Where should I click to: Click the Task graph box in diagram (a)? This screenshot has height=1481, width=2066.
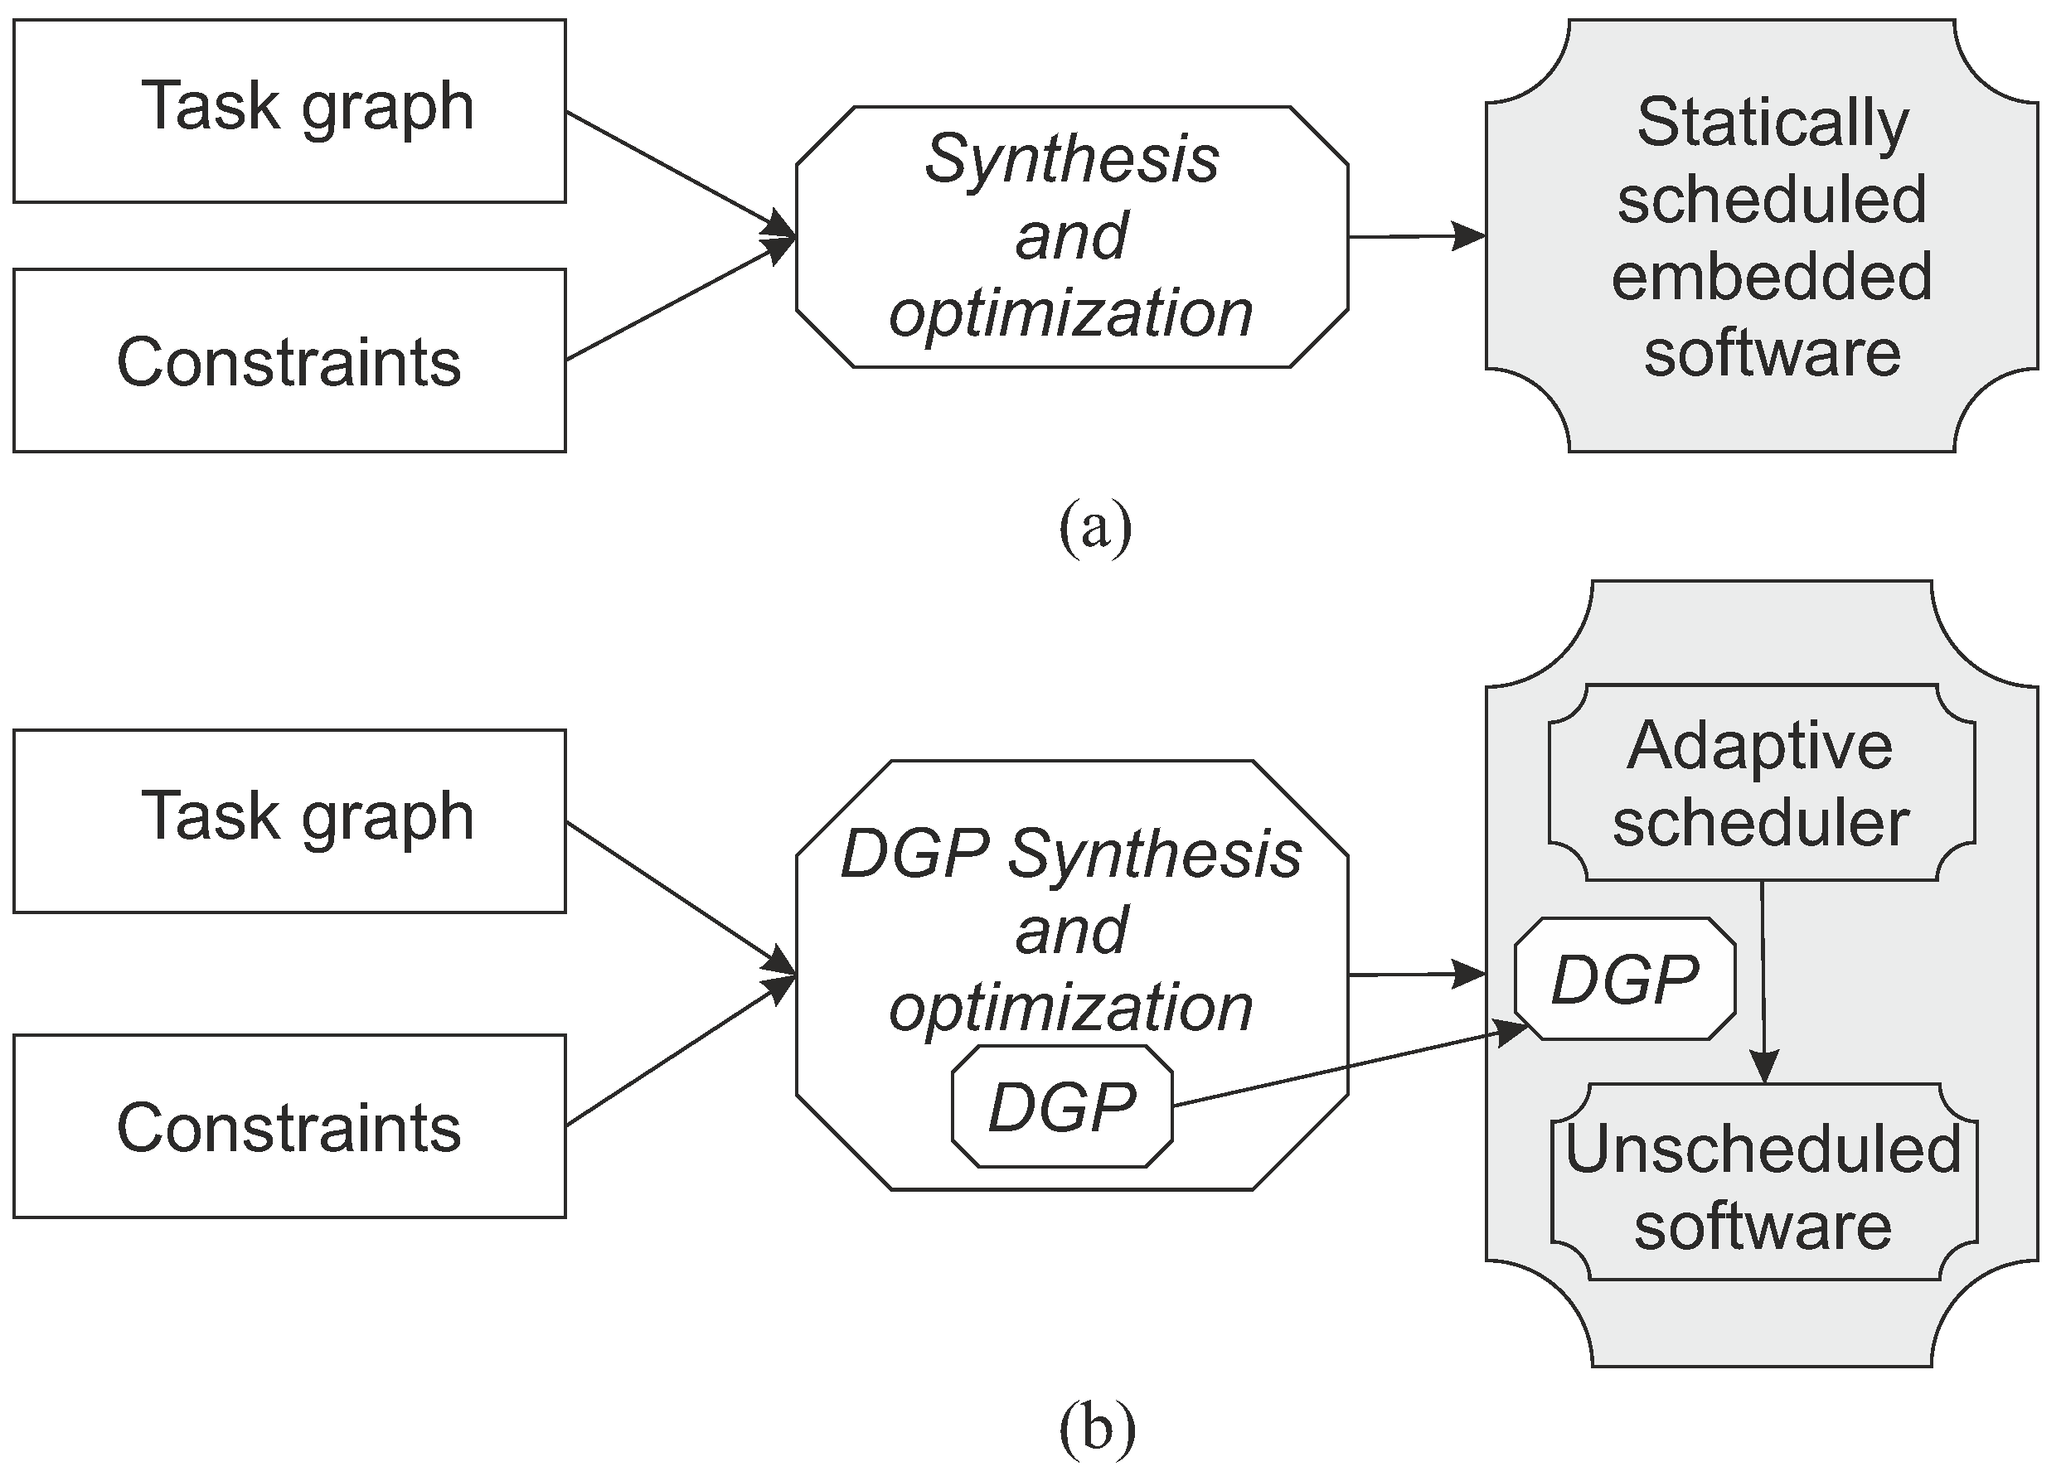click(x=289, y=110)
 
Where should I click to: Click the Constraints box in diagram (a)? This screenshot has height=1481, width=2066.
click(x=289, y=361)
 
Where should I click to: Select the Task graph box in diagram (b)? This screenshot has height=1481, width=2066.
click(x=289, y=820)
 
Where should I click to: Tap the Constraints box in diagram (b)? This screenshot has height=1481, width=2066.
click(x=289, y=1126)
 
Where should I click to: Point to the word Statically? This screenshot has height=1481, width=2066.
click(x=1772, y=123)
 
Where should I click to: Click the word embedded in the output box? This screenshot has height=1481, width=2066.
click(x=1772, y=277)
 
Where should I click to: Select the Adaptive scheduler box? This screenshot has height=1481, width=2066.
click(x=1760, y=783)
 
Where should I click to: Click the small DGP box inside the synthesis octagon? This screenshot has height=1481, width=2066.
click(x=1062, y=1106)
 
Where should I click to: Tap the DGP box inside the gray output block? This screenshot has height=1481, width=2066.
click(x=1624, y=979)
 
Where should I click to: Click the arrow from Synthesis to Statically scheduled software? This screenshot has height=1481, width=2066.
click(x=1417, y=237)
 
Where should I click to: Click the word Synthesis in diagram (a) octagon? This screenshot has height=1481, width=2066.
click(x=1071, y=159)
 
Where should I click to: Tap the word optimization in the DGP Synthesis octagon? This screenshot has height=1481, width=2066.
click(x=1071, y=1008)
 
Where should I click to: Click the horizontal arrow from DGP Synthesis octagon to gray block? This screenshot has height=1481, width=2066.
click(x=1417, y=975)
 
